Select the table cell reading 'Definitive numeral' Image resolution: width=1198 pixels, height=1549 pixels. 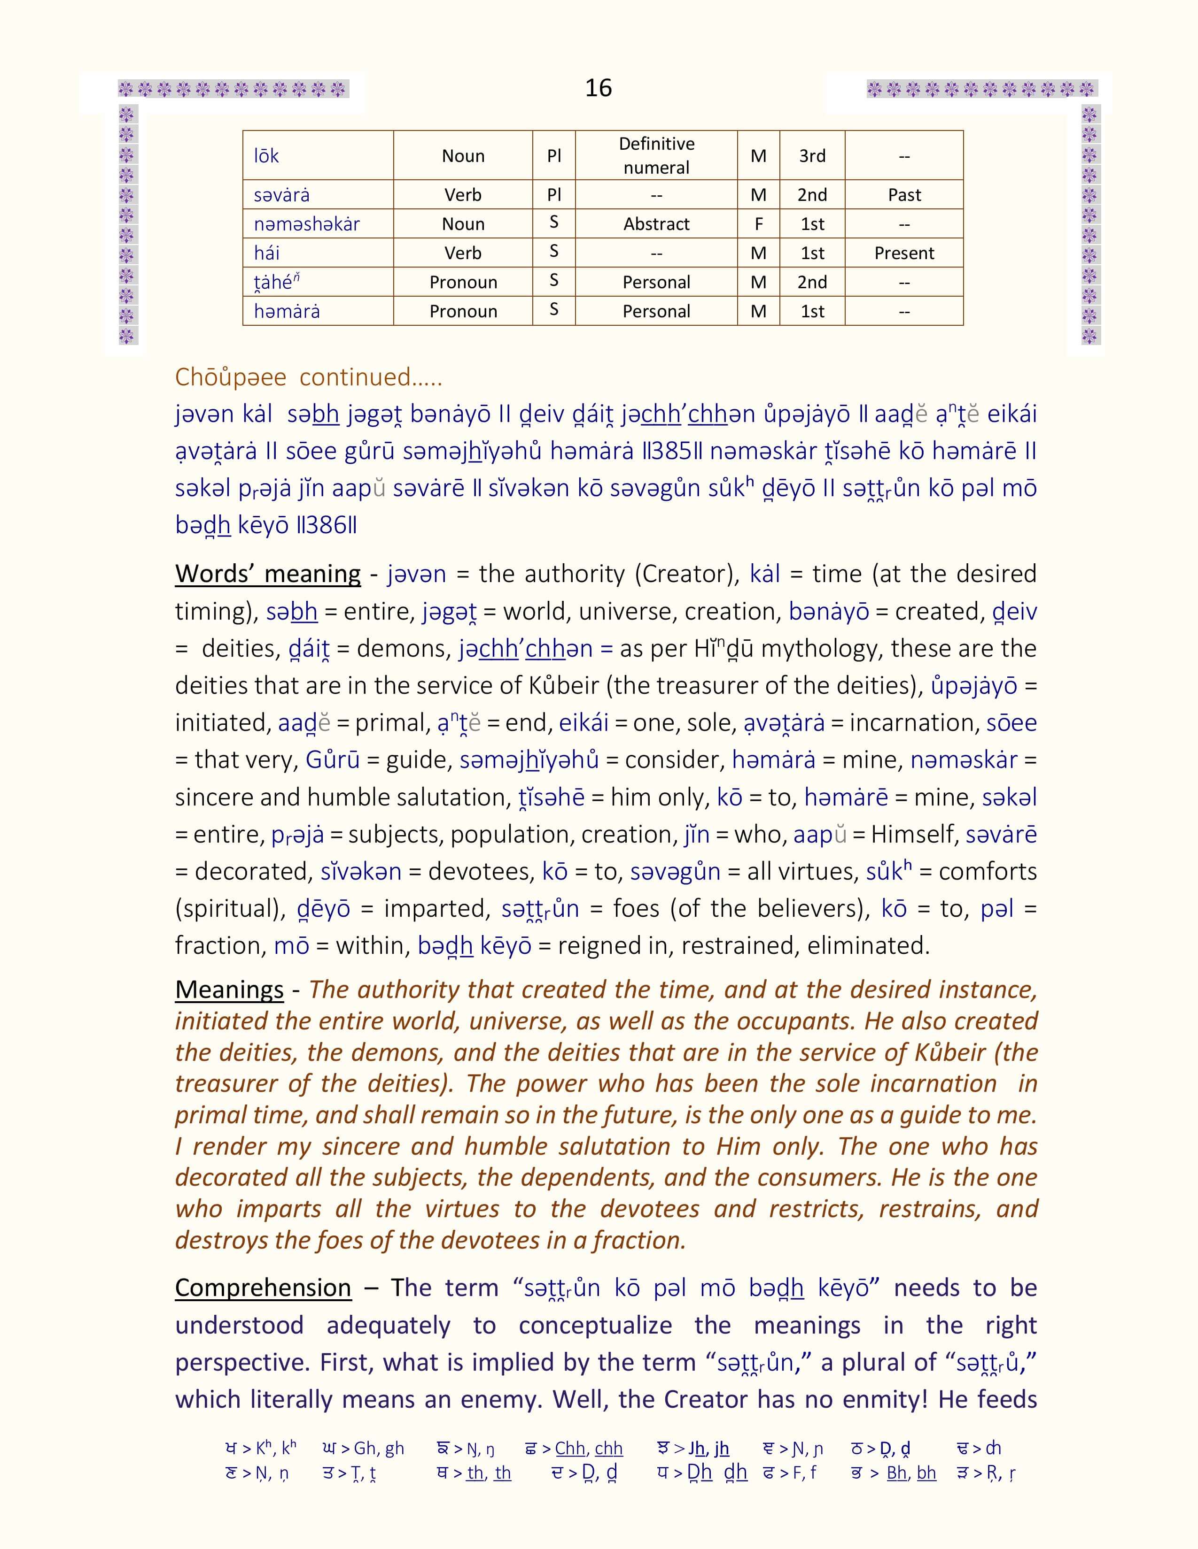pos(656,155)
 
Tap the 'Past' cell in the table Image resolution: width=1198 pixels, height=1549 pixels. pos(904,195)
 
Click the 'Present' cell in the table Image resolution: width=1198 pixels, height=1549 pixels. pos(904,253)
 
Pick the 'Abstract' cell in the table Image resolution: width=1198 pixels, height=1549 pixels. pos(656,224)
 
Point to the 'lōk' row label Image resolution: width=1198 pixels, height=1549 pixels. pos(267,156)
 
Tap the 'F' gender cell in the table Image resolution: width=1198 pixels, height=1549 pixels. pos(759,224)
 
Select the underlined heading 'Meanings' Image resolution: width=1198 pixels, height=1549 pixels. pos(229,989)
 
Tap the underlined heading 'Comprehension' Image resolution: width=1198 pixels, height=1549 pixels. pos(263,1288)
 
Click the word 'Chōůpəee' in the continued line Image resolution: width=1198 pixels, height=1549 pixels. pos(231,377)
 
